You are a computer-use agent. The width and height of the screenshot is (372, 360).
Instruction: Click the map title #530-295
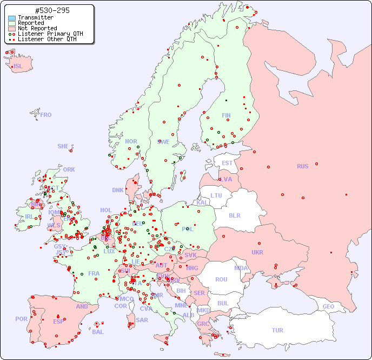[x=51, y=11]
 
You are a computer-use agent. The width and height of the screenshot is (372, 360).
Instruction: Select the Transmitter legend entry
[x=35, y=17]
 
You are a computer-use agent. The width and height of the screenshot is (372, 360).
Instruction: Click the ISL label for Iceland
[x=18, y=67]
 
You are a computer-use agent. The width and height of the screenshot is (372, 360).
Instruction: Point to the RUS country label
[x=302, y=166]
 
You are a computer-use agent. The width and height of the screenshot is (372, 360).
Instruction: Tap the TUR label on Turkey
[x=277, y=330]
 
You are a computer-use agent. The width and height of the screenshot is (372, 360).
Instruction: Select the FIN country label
[x=226, y=115]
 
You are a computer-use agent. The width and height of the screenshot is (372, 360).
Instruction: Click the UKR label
[x=257, y=252]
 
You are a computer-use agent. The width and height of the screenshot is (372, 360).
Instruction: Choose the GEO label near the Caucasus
[x=328, y=306]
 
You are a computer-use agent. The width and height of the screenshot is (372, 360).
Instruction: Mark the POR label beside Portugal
[x=21, y=319]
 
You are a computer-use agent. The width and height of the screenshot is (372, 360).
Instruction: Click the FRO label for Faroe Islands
[x=46, y=115]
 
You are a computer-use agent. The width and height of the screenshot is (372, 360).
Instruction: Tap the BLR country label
[x=234, y=215]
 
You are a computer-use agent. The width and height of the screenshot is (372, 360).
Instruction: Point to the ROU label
[x=221, y=279]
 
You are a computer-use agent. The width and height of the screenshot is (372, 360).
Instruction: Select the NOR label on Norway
[x=131, y=141]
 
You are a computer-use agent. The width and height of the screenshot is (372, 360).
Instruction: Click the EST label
[x=227, y=163]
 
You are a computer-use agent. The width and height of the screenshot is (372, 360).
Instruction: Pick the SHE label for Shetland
[x=63, y=146]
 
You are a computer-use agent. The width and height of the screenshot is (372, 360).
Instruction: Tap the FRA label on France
[x=94, y=273]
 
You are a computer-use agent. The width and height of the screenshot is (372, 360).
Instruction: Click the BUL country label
[x=223, y=303]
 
